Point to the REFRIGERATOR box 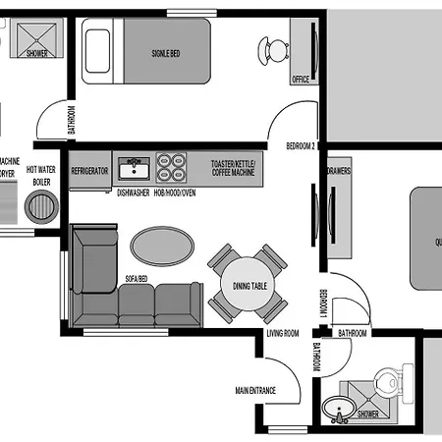89,170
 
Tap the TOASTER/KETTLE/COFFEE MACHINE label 233,167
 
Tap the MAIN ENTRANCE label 254,391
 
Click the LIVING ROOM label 283,334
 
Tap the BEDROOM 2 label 300,145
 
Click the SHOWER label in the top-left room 36,54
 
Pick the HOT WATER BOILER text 41,176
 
